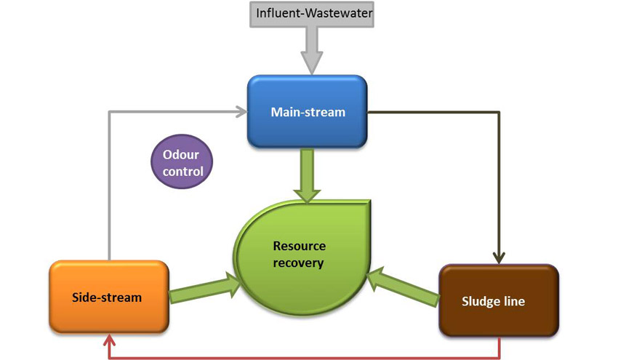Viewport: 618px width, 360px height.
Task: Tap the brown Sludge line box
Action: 499,300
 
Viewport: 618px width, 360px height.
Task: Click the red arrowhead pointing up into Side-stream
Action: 109,339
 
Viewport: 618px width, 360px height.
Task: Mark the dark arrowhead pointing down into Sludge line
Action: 499,257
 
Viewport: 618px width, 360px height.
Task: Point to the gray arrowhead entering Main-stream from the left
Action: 240,111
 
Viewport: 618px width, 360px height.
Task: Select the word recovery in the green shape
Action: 298,263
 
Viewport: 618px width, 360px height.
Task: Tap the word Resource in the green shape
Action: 298,246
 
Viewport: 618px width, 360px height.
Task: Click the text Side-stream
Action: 107,297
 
